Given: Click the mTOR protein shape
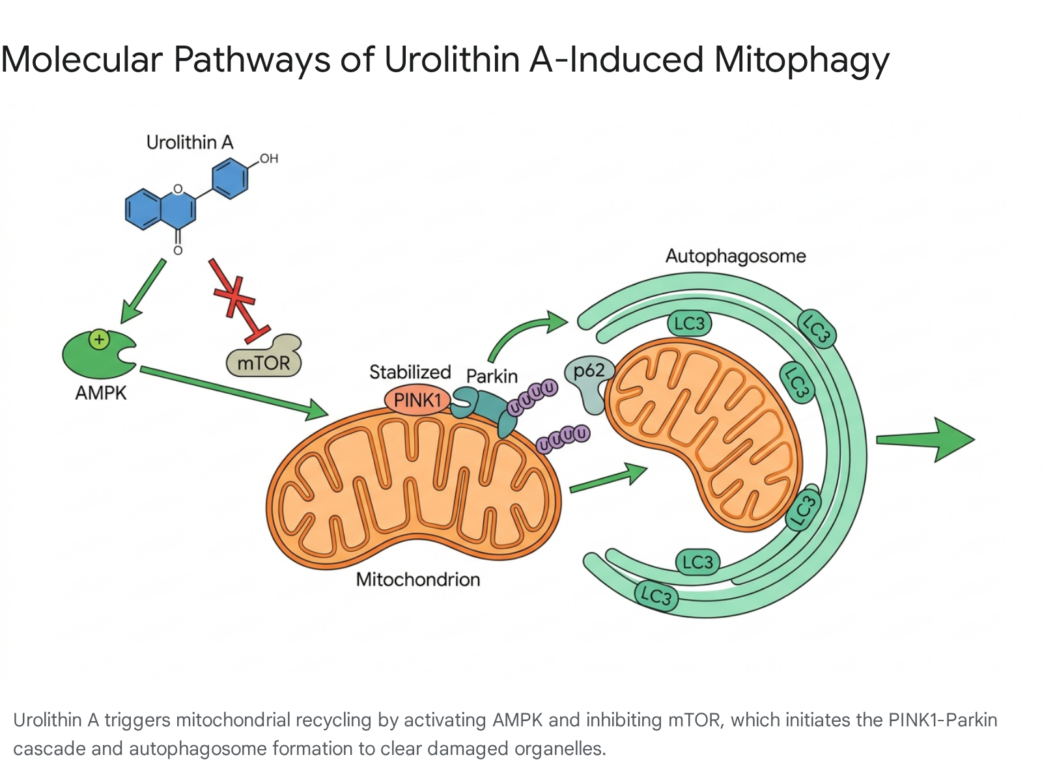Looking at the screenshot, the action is (x=264, y=358).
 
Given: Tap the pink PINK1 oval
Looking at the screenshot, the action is (x=417, y=400).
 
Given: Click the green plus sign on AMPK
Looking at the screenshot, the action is (x=99, y=340).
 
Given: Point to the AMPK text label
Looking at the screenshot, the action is (x=101, y=393).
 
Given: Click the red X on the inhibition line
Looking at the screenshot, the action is (x=234, y=296).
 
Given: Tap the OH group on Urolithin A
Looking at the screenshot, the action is (x=269, y=158).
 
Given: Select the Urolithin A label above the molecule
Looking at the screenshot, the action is (x=190, y=143).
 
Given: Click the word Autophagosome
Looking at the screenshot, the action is (x=735, y=256).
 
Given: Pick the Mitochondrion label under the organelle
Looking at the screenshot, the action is (x=418, y=579).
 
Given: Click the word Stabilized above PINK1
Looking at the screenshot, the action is (x=410, y=372).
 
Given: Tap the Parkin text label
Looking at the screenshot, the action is (x=492, y=376).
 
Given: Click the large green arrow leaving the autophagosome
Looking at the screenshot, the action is (x=925, y=440).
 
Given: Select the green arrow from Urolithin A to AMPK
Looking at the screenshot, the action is (x=143, y=291).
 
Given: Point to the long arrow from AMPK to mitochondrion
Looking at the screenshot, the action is (x=234, y=393).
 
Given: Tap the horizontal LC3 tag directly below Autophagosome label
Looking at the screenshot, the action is (x=689, y=324).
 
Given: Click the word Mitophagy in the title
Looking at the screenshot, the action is (x=801, y=61).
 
